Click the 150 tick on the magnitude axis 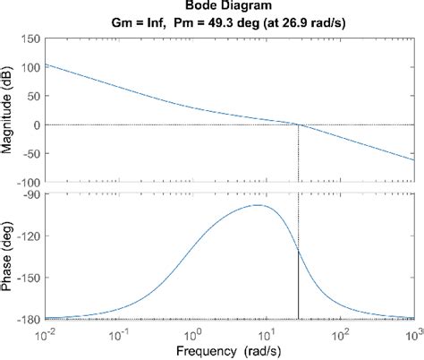click(x=29, y=39)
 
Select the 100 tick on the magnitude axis click(x=29, y=67)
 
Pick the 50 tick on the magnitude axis click(x=31, y=96)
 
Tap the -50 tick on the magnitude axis click(x=30, y=153)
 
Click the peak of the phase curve click(x=258, y=205)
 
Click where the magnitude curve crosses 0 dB click(x=298, y=124)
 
